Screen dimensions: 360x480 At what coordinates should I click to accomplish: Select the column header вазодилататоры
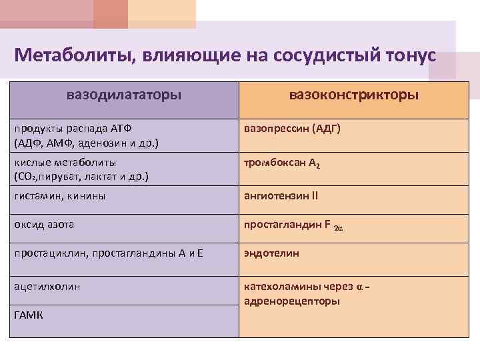124,95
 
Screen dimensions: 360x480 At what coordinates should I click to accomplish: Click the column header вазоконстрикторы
354,95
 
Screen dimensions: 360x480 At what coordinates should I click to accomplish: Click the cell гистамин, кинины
59,196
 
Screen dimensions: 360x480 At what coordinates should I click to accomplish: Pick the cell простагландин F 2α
293,225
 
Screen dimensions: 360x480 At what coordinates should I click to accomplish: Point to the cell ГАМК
28,314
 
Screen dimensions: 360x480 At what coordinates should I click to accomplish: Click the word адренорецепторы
292,301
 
